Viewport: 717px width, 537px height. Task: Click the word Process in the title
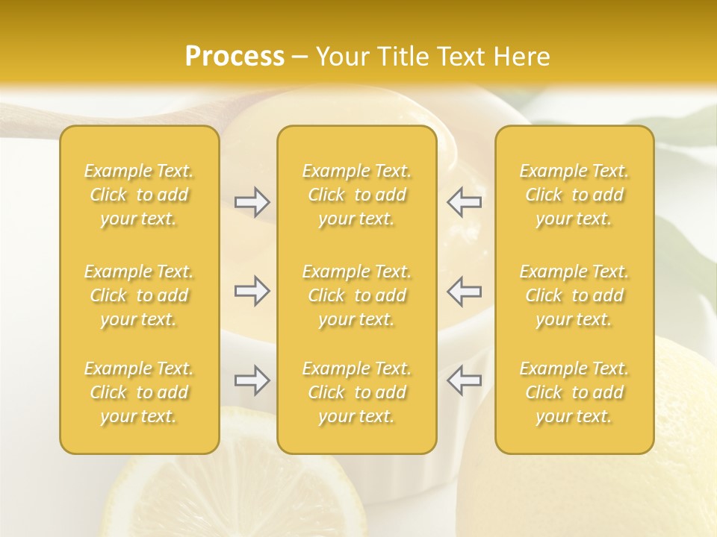(x=235, y=57)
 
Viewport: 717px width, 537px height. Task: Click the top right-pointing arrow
(x=252, y=201)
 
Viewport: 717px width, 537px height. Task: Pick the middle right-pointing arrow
(x=252, y=291)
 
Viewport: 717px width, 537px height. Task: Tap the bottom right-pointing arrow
(x=252, y=380)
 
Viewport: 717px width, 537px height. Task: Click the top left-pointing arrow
(x=465, y=201)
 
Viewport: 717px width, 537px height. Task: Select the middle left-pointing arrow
(x=465, y=291)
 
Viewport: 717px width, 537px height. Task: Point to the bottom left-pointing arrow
(x=465, y=380)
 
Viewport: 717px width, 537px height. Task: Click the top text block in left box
(x=139, y=195)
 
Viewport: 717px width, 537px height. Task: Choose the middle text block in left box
(x=139, y=295)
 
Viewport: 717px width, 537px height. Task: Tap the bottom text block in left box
(x=139, y=392)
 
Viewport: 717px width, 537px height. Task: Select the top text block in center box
(x=357, y=195)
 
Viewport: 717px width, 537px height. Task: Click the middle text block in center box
(x=357, y=295)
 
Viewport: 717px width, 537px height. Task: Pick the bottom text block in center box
(x=357, y=392)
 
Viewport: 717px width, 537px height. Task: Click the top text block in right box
(x=574, y=195)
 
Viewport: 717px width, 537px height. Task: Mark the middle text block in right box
(x=574, y=295)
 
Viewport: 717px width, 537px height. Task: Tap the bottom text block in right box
(x=574, y=392)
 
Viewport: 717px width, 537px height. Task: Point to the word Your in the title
(x=341, y=57)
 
